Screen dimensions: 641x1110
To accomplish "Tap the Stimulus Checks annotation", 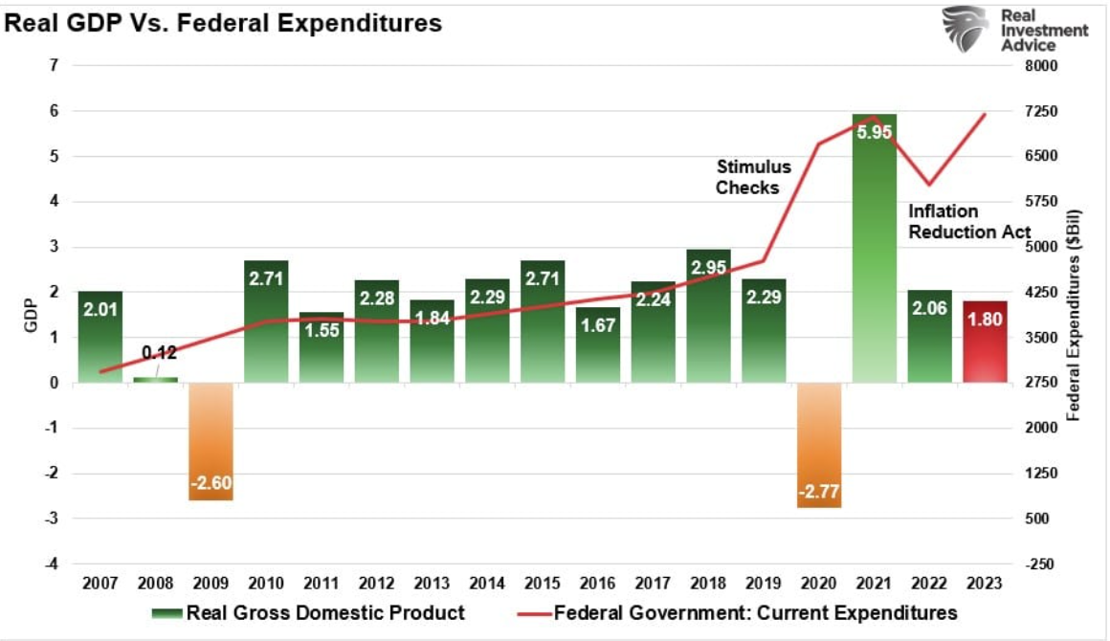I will pos(747,177).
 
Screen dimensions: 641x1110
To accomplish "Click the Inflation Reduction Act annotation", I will pos(968,221).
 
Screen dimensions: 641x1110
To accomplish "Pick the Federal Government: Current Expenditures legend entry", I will pos(737,612).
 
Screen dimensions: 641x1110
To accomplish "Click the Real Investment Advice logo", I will pos(1014,29).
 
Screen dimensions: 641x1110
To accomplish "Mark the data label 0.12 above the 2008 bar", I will pos(160,352).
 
